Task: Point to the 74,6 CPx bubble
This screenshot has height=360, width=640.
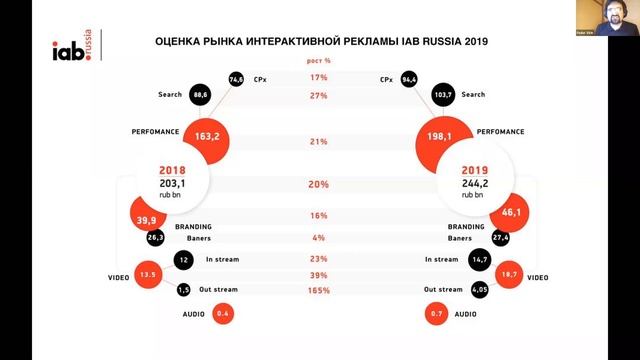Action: pos(236,77)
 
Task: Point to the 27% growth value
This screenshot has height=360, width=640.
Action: pos(319,95)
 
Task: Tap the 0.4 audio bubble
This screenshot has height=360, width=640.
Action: pos(223,314)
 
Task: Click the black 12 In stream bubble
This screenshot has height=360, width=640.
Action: pos(183,260)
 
